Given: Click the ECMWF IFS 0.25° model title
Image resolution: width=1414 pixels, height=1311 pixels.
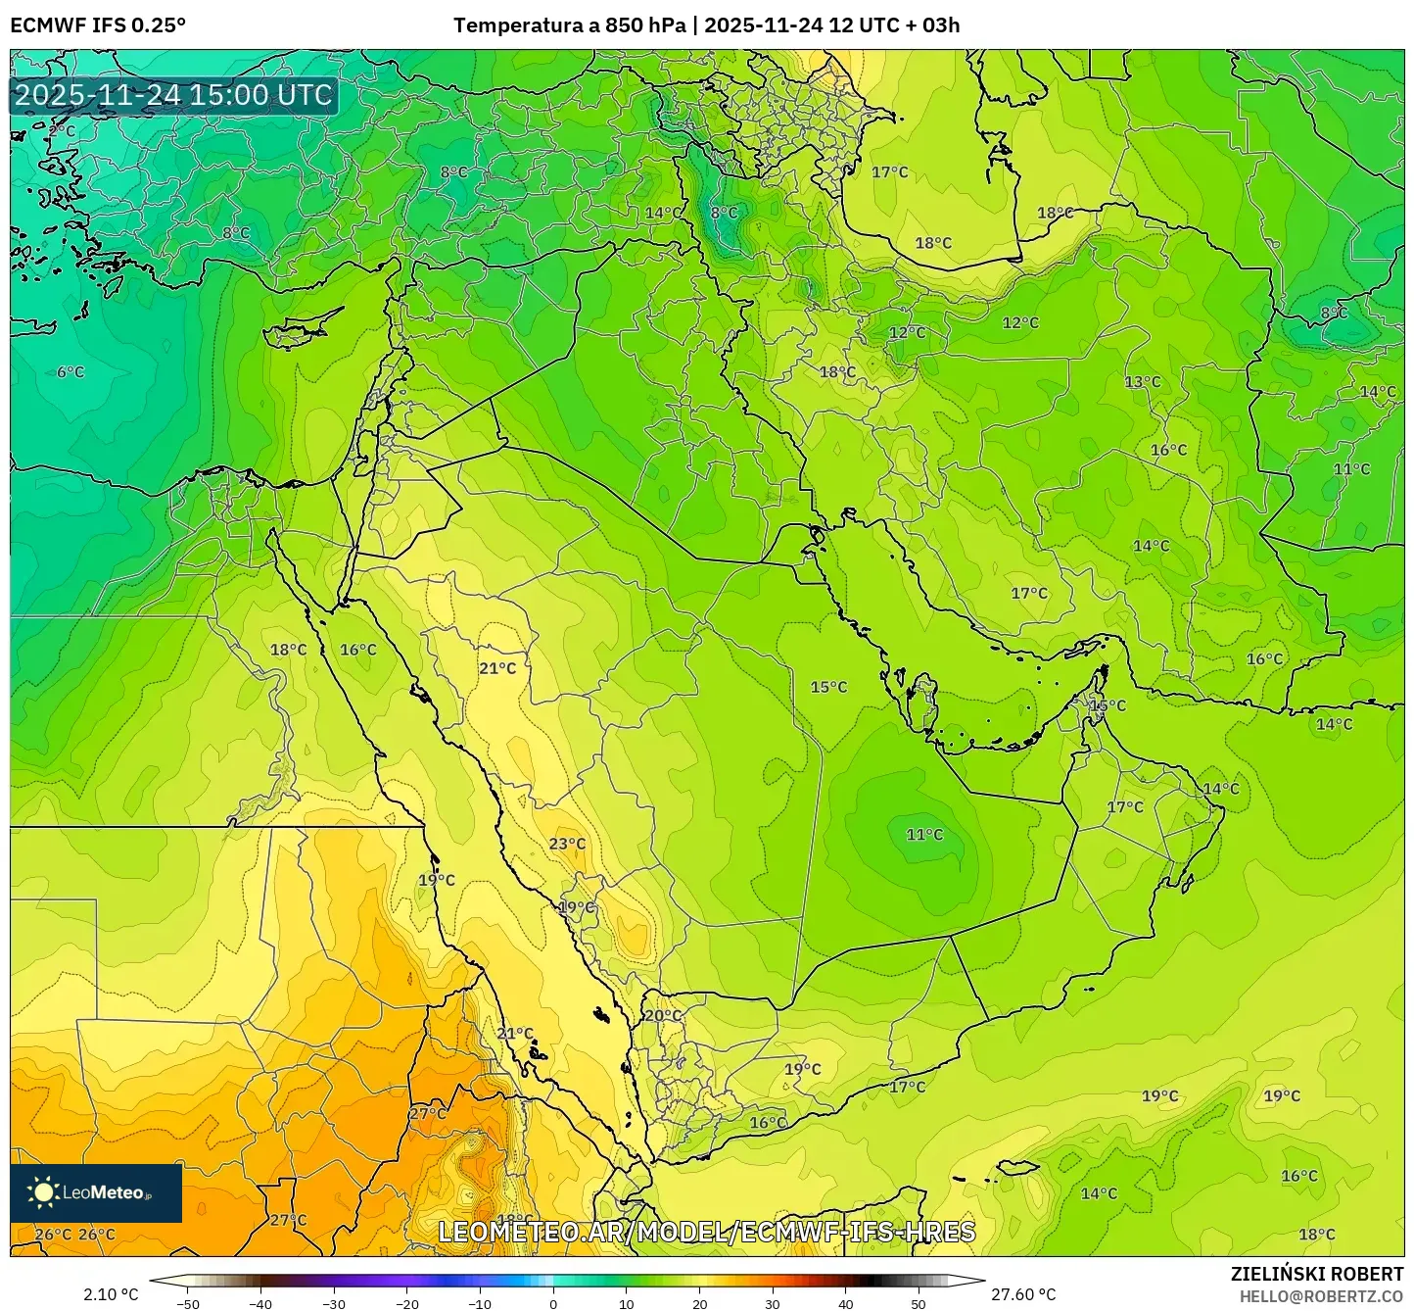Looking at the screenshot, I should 98,25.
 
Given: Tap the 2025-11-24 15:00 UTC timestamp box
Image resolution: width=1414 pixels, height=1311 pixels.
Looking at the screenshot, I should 174,95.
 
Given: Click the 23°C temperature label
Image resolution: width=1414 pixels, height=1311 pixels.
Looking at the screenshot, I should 567,844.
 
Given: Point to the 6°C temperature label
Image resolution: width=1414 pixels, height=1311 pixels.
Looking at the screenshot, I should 71,372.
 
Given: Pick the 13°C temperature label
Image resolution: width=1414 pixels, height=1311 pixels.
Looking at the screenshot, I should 1142,382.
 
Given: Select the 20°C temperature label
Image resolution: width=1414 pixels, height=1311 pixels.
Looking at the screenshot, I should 663,1015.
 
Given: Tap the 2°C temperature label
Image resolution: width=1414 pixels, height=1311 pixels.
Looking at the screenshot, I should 61,130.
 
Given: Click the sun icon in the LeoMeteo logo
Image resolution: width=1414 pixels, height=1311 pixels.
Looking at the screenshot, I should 43,1192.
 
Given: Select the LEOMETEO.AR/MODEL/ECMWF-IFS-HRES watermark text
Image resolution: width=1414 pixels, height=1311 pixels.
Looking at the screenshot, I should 706,1232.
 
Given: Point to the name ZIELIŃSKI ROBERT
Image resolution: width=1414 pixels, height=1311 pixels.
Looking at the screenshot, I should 1317,1274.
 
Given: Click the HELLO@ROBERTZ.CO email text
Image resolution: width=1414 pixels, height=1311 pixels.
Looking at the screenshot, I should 1321,1295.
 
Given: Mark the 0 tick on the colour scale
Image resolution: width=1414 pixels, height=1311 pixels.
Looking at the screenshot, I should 553,1303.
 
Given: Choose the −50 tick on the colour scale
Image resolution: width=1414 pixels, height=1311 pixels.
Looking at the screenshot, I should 188,1303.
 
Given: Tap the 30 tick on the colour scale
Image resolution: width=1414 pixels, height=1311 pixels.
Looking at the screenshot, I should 773,1303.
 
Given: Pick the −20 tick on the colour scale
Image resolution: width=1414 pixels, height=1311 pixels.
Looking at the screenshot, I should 407,1303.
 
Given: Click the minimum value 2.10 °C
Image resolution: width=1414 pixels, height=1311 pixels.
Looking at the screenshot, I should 111,1294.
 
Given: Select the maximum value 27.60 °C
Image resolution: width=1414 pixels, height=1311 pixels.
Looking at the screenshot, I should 1023,1294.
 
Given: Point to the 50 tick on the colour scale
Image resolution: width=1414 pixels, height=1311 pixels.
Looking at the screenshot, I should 919,1303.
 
